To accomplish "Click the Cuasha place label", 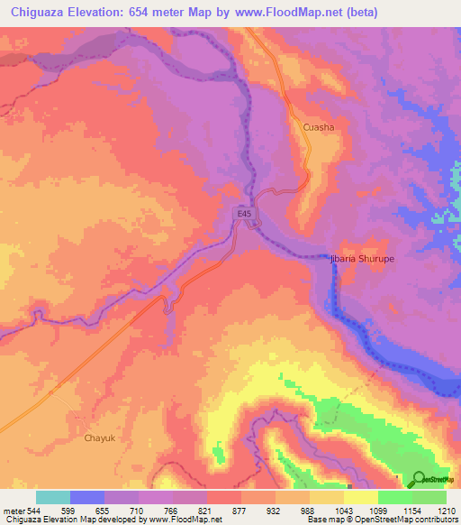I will [x=319, y=127].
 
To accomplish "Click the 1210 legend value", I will [x=447, y=510].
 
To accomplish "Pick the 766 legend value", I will [x=173, y=510].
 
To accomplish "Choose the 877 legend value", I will [x=241, y=510].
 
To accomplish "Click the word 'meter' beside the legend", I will [x=10, y=510].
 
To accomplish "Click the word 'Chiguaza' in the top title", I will [x=39, y=12].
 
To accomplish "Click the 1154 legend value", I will [x=412, y=510].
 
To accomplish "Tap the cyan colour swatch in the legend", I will [x=53, y=497].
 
